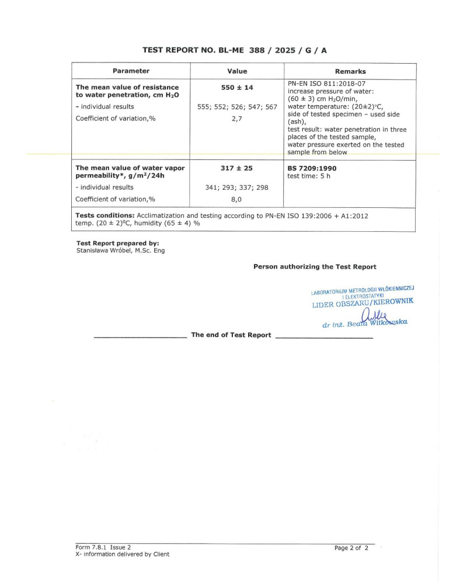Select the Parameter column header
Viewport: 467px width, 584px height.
tap(131, 71)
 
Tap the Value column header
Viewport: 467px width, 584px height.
tap(237, 71)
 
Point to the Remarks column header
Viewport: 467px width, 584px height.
tap(350, 71)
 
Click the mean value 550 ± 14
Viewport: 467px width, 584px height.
tap(237, 88)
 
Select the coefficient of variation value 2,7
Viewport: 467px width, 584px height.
tap(237, 119)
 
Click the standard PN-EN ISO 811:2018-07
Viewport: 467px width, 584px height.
tap(325, 84)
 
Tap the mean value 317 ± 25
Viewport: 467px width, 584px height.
tap(237, 168)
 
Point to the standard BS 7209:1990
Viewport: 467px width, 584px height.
tap(312, 168)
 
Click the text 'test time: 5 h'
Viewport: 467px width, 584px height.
tap(309, 176)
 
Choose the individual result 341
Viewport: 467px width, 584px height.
tap(207, 187)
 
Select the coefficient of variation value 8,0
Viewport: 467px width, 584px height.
tap(237, 199)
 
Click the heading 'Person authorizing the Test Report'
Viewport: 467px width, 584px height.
tap(315, 267)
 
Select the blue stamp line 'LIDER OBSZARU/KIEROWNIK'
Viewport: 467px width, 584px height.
tap(363, 303)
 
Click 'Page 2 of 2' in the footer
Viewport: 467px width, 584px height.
tap(351, 548)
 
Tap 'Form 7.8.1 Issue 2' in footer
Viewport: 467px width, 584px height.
tap(103, 548)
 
